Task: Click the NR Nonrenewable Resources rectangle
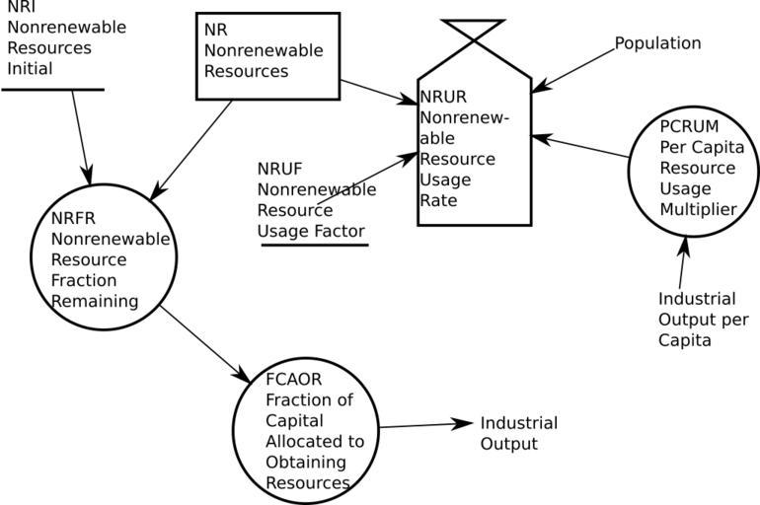click(267, 56)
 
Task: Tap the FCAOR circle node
click(306, 430)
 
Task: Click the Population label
click(657, 43)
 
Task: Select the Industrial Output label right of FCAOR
click(518, 433)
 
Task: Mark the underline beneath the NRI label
click(52, 89)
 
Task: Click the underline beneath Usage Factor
click(314, 244)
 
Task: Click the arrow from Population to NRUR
click(572, 69)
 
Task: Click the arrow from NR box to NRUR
click(379, 90)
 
